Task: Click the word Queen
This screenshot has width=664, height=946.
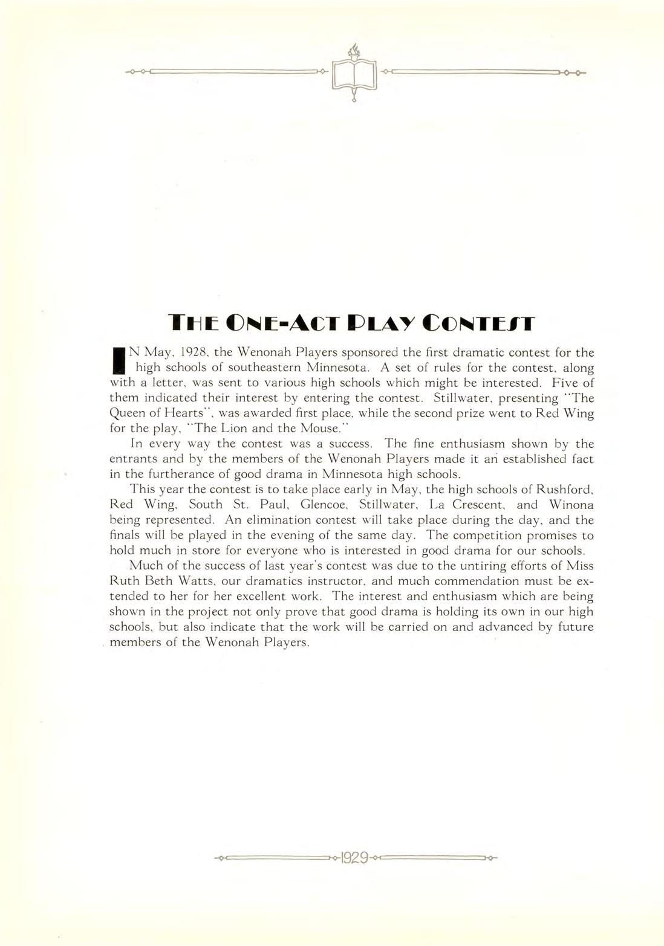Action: coord(126,413)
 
